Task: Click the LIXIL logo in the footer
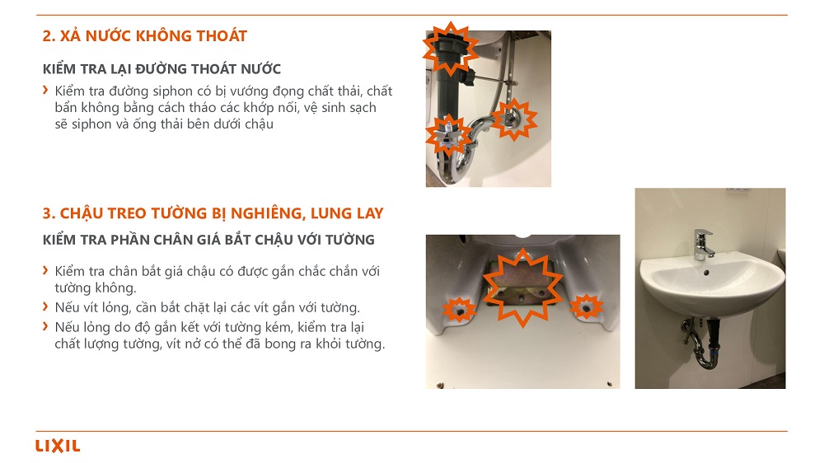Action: [58, 447]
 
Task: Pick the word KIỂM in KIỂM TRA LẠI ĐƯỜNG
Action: [58, 69]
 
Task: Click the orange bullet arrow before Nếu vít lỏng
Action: [45, 306]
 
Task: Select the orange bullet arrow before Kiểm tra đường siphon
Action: [45, 91]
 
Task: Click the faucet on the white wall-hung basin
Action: [702, 245]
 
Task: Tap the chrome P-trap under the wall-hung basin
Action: [703, 346]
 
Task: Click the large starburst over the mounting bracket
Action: [522, 288]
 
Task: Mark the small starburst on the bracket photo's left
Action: [459, 310]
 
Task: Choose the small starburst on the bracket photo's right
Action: [587, 307]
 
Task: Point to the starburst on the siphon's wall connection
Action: [513, 119]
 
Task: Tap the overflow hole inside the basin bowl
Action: [706, 273]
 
